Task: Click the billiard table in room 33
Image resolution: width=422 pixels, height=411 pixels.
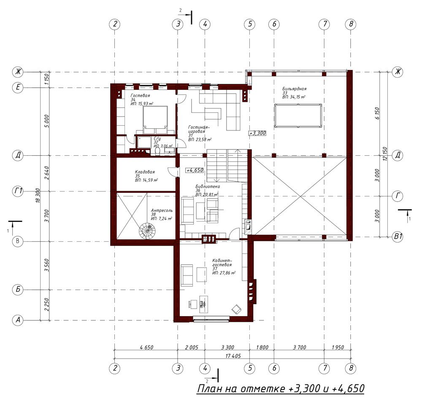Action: tap(298, 116)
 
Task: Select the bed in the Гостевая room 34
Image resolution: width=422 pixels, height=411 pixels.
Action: tap(155, 120)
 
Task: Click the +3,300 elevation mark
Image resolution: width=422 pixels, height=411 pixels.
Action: tap(257, 133)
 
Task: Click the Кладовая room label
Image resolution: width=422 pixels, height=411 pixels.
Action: tap(145, 172)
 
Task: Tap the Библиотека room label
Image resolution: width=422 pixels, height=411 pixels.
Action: tap(208, 186)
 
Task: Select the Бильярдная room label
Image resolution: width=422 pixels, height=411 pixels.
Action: tap(294, 89)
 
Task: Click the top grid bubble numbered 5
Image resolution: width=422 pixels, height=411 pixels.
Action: tap(250, 24)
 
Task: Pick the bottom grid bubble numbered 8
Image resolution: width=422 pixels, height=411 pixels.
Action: tap(351, 368)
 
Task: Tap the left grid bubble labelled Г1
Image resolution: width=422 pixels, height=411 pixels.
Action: tap(18, 192)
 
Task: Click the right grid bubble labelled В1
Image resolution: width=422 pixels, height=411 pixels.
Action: tap(398, 237)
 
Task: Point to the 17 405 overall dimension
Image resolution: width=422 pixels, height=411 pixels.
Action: tap(233, 356)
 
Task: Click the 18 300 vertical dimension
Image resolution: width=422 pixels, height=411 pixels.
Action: tap(38, 196)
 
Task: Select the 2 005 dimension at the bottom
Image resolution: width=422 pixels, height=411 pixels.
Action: tap(191, 347)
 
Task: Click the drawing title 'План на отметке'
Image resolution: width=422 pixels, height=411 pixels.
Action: tap(241, 389)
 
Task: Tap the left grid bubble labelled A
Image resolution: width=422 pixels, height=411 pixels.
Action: tap(18, 320)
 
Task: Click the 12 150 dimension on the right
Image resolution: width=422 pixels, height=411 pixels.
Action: tap(385, 154)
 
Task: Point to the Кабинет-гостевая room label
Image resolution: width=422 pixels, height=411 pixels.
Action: tap(222, 262)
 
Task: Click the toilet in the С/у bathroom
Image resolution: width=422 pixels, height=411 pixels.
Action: tap(158, 152)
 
